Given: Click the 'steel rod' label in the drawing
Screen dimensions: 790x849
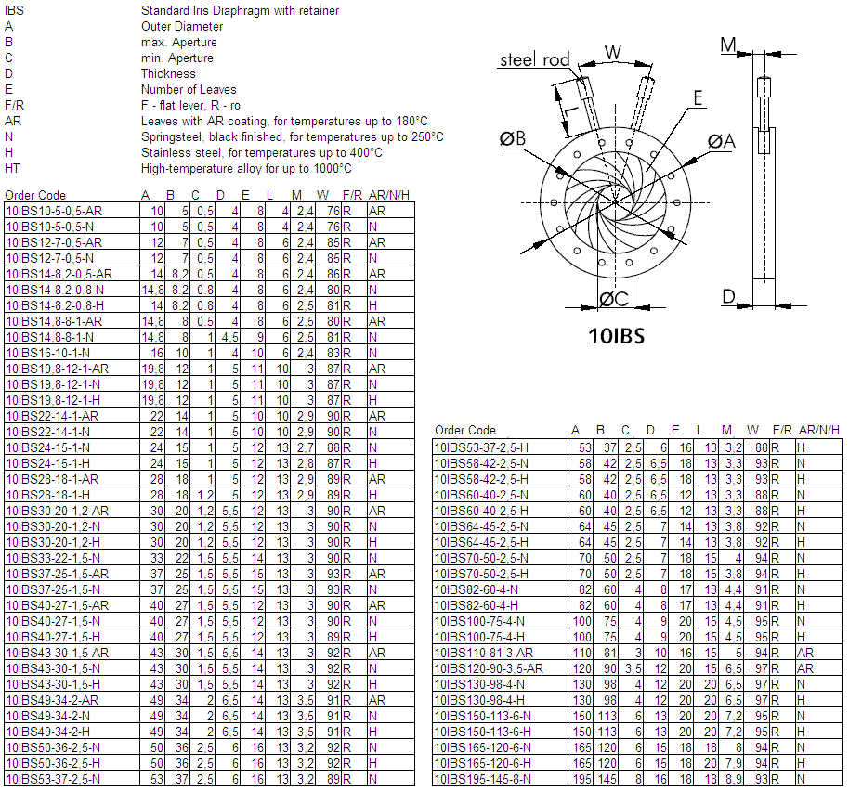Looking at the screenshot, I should coord(534,60).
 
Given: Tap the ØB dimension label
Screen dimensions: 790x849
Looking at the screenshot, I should coord(513,138).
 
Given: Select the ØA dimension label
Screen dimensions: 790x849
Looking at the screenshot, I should coord(721,141).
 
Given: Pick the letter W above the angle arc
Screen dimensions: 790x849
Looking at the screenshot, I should coord(613,52).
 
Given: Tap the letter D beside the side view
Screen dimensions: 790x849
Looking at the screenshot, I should coord(729,297).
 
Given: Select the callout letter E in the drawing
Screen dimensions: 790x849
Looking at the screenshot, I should coord(698,97).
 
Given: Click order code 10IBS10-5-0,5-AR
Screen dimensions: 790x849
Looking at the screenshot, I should coord(54,211).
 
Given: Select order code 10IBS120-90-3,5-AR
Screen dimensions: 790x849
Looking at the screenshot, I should coord(489,667).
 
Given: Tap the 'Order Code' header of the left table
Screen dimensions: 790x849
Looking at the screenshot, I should coord(35,195).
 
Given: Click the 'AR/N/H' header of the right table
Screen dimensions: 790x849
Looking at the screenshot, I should coord(818,431).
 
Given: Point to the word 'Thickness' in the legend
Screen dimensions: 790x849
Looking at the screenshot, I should coord(168,73).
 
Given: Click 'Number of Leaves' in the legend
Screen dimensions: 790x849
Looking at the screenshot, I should coord(189,89).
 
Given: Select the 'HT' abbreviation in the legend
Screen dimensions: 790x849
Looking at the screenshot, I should coord(12,168).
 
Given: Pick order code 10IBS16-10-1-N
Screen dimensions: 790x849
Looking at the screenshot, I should coord(47,353).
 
